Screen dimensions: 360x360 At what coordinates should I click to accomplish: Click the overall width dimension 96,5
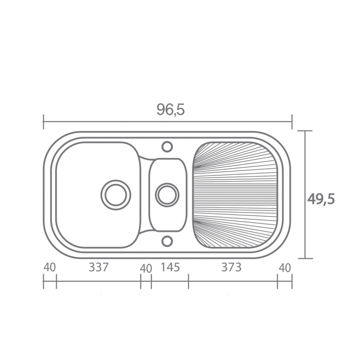point(171,109)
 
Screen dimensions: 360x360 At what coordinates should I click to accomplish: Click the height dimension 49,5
point(321,199)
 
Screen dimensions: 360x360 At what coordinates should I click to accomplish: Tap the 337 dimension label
point(98,267)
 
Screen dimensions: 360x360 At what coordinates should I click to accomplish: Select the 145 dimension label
point(170,267)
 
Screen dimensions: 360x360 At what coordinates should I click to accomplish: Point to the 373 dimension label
point(231,267)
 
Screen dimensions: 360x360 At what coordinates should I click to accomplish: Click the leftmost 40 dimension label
point(49,267)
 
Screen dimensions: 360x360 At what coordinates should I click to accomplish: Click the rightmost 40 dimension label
point(285,268)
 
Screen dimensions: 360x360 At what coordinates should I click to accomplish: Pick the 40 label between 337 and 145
point(146,268)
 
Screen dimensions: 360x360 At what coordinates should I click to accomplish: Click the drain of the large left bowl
point(116,195)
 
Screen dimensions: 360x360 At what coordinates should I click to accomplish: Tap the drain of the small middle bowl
point(167,195)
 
